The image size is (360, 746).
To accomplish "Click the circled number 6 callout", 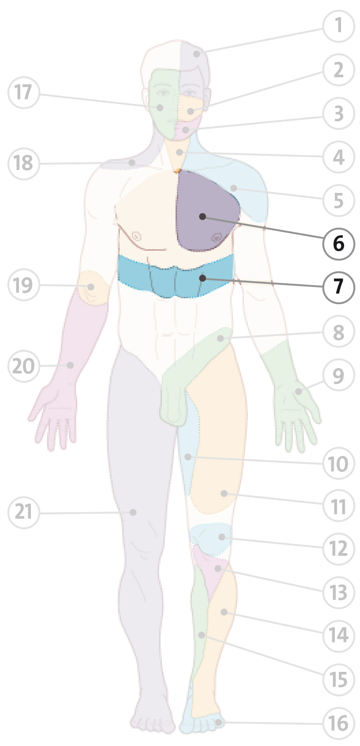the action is click(339, 244).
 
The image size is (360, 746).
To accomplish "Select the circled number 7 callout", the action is click(339, 287).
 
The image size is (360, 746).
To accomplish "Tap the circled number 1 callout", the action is click(339, 26).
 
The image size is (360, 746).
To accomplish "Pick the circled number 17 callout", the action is click(24, 92).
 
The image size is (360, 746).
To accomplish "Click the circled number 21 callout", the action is click(24, 512).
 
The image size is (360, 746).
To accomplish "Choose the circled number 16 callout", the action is click(339, 723).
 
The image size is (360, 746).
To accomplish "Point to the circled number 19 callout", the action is click(24, 285).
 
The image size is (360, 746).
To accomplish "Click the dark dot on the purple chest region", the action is click(202, 216).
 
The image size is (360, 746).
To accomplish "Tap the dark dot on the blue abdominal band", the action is click(202, 278).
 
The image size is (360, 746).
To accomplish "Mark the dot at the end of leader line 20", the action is click(70, 365).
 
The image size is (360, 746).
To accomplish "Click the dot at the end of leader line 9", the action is click(298, 392).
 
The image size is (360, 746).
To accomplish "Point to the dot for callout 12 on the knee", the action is click(221, 537).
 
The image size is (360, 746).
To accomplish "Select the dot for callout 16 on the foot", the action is click(218, 722).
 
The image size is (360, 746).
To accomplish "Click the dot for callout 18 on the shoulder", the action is click(132, 162).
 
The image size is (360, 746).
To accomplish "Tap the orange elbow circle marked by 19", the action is click(92, 288).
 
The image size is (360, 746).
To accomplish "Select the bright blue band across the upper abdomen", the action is click(176, 276).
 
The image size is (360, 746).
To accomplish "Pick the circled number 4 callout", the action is click(339, 157).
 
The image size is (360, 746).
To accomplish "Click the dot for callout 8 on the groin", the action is click(220, 339).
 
